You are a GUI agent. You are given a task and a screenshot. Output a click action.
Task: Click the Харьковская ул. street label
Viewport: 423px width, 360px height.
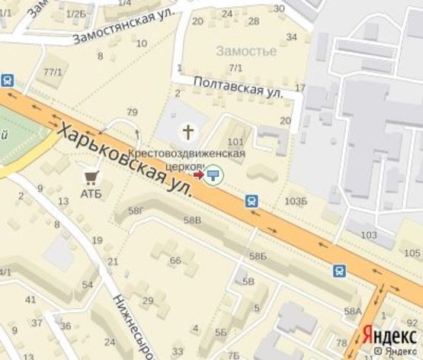tap(126, 159)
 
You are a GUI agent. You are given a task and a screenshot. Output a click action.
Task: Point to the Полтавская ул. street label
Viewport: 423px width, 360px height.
tap(238, 85)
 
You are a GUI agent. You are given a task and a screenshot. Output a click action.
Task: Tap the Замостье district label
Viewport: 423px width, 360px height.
tap(246, 51)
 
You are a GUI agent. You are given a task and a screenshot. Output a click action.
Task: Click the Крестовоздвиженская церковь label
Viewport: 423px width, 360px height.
tap(191, 159)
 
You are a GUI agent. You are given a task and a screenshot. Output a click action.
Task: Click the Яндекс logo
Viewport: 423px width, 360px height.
tap(388, 335)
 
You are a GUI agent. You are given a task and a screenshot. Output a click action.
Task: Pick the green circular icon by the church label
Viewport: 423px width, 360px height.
tap(215, 175)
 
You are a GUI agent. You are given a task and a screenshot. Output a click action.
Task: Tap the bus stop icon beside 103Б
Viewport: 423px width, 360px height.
tap(252, 201)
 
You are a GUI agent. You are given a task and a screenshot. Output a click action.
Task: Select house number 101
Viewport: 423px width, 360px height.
tap(236, 141)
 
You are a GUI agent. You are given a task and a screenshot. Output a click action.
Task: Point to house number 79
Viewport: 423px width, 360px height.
tap(132, 113)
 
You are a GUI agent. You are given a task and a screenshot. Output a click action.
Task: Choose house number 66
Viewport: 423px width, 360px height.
tap(175, 261)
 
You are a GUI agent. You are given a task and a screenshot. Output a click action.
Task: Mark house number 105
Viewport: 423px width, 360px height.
tap(412, 252)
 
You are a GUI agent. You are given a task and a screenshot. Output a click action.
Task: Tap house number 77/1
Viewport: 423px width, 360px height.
tap(53, 72)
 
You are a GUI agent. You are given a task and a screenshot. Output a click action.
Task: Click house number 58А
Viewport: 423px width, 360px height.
tap(352, 311)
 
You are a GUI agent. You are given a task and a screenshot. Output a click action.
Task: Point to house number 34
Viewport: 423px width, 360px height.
tap(291, 37)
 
